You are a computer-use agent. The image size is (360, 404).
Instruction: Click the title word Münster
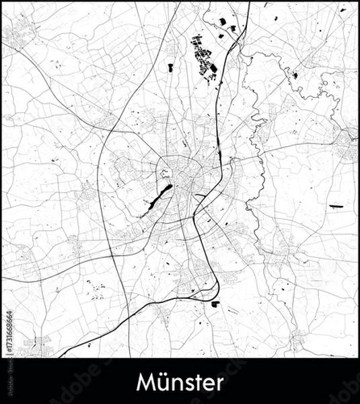point(180,382)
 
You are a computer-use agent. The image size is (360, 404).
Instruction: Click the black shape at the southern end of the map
point(215,304)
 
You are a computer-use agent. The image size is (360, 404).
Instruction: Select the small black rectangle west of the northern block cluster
point(170,67)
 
